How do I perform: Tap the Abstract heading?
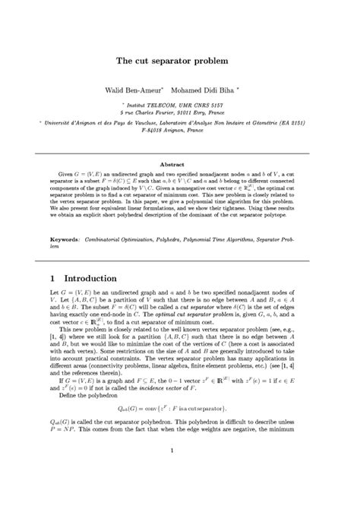tap(179, 164)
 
